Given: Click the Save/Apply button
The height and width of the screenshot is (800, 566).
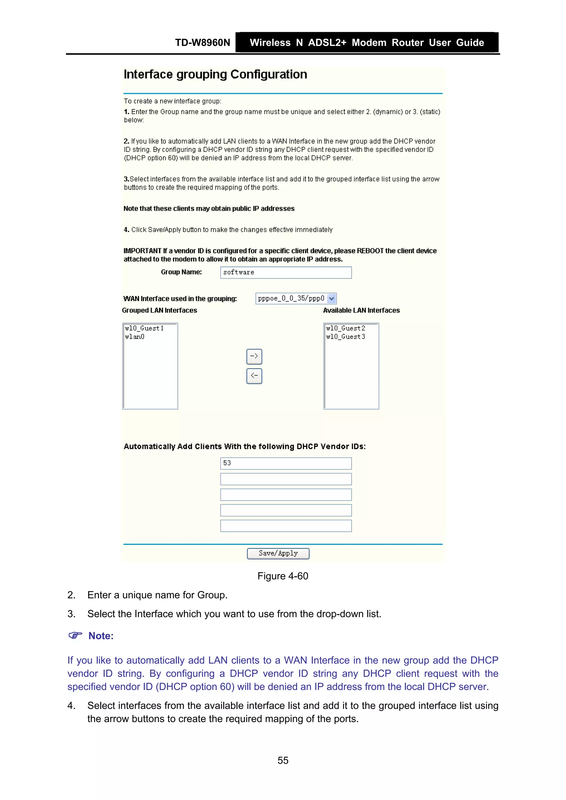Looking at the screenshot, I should point(278,553).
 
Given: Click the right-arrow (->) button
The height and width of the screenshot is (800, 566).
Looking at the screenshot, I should point(254,357).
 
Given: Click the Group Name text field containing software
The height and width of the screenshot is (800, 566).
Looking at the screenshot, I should point(285,273).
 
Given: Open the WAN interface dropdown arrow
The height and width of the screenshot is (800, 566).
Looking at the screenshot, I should point(332,299).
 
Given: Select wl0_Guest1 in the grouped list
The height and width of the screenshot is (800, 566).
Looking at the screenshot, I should point(144,328).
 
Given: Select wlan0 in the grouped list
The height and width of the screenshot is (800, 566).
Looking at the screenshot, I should point(135,337).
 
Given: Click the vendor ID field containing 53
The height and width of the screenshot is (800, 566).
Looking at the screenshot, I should point(285,463).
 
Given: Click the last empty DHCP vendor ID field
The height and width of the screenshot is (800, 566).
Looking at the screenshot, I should point(285,526).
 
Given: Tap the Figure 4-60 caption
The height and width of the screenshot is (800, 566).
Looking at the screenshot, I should point(283,576).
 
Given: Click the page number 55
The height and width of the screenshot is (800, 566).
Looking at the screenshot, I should point(283,760).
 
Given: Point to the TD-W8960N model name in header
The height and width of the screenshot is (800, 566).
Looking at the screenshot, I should point(203,43).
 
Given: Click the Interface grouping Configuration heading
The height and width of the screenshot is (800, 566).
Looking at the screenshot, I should point(215,75).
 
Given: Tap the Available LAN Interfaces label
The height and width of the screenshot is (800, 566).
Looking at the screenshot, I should point(361,310).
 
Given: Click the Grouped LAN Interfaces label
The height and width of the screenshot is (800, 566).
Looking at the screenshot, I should point(159,310).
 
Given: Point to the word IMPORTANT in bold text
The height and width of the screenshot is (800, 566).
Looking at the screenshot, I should point(142,251).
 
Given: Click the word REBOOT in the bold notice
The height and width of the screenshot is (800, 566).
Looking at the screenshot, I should point(370,251).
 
